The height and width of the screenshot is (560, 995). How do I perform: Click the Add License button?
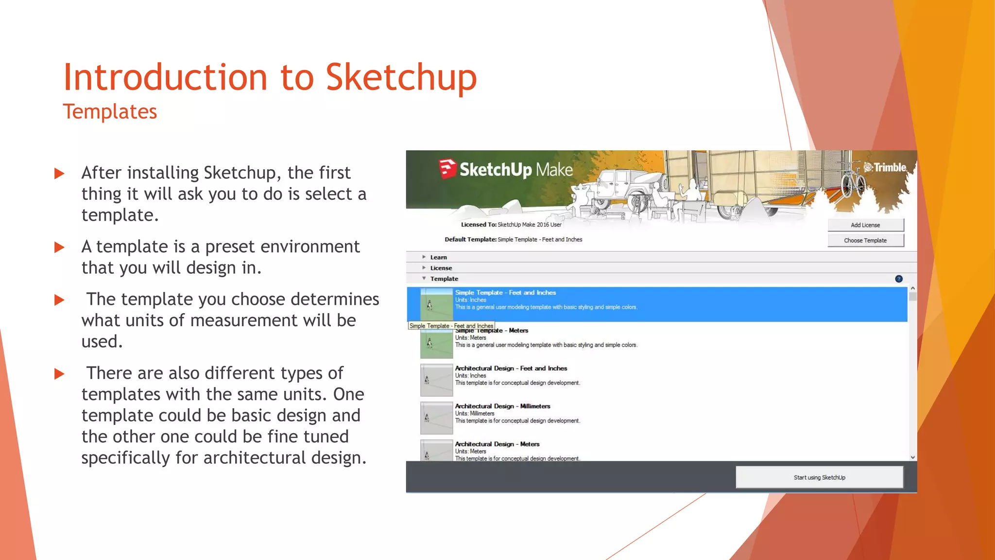tap(865, 225)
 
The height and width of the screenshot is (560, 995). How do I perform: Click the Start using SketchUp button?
tap(819, 477)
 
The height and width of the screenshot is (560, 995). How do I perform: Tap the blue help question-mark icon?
tap(898, 279)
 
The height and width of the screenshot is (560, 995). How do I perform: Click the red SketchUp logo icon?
tap(447, 169)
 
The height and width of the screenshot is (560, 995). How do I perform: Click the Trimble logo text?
tap(885, 168)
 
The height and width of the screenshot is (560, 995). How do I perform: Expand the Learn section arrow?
tap(424, 257)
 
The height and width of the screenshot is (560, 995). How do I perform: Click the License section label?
tap(441, 268)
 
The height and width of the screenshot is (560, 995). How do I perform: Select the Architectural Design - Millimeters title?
tap(502, 406)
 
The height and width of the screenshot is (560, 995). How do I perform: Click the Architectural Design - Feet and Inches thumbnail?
tap(436, 380)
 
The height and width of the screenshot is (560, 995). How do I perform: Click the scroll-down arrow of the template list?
tap(912, 457)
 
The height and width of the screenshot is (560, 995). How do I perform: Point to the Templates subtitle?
tap(110, 112)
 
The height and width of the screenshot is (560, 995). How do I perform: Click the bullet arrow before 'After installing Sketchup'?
tap(59, 174)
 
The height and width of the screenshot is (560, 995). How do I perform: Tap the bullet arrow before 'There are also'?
tap(59, 374)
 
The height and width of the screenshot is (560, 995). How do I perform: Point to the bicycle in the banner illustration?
tap(853, 183)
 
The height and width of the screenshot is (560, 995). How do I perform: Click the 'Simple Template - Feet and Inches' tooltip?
tap(451, 326)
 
